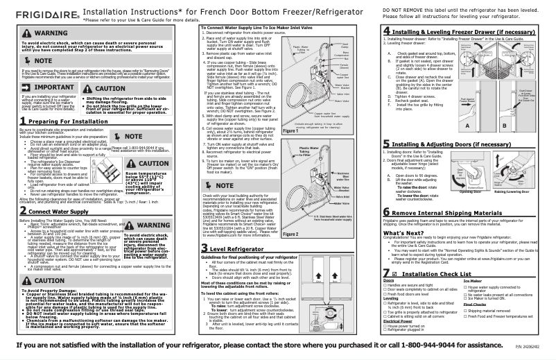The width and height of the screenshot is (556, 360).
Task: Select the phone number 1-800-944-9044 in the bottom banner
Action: click(448, 344)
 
